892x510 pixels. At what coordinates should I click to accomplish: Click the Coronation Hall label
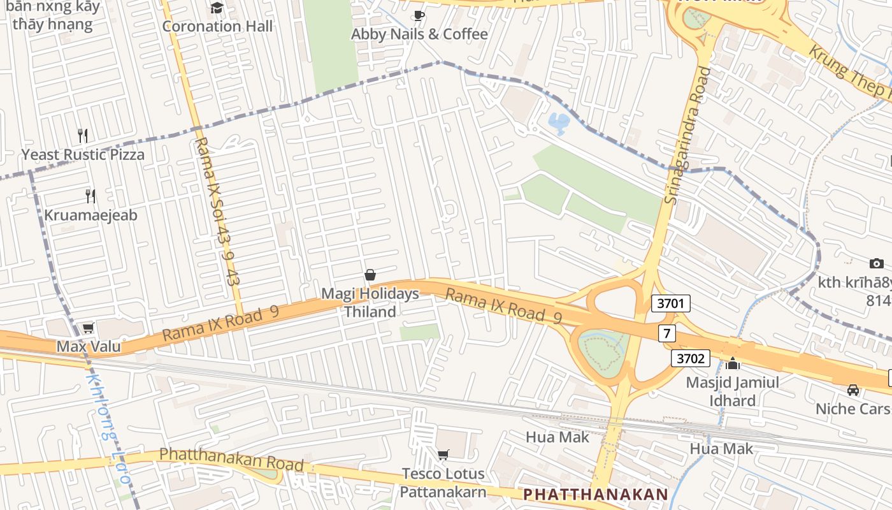[x=217, y=26]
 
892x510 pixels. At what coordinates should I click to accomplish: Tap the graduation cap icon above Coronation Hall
[x=217, y=8]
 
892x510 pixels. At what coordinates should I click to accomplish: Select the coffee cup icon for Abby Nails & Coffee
[x=419, y=16]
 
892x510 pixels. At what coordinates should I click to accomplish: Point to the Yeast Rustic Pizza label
[x=83, y=154]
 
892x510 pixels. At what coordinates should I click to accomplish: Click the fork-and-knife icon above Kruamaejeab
[x=90, y=196]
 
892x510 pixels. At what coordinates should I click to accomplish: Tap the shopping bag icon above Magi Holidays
[x=370, y=275]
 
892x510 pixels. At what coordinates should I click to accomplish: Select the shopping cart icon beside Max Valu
[x=89, y=328]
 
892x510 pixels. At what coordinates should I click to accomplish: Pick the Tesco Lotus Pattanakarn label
[x=443, y=483]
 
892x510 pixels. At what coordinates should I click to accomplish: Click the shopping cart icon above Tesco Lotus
[x=443, y=455]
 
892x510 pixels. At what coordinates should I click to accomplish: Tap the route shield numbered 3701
[x=670, y=303]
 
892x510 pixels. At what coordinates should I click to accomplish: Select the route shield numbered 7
[x=667, y=333]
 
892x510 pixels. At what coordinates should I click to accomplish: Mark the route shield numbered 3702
[x=690, y=358]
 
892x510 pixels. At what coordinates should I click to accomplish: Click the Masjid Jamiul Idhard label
[x=732, y=391]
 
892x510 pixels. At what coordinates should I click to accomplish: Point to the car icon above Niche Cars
[x=853, y=390]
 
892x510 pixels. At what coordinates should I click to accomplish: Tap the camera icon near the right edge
[x=877, y=263]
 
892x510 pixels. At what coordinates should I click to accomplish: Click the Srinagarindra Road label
[x=687, y=136]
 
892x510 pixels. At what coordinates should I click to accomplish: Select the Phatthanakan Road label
[x=231, y=459]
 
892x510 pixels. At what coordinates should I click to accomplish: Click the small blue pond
[x=559, y=123]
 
